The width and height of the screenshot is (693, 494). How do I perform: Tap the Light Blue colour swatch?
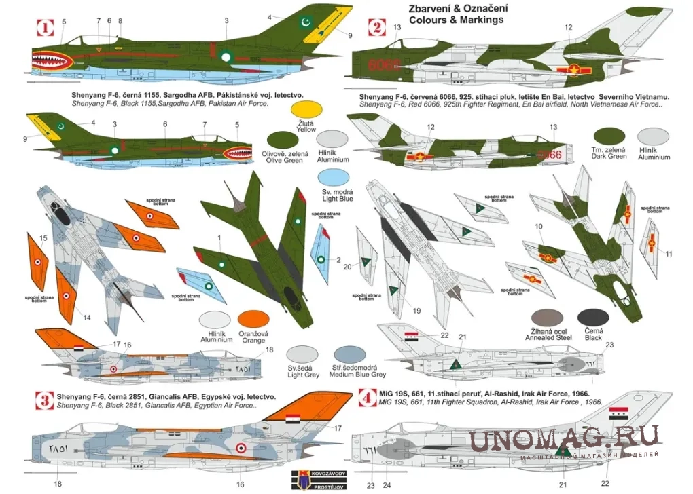[x=335, y=178]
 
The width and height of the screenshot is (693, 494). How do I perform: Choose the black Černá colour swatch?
[x=593, y=318]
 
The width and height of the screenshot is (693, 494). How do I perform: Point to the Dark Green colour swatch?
[x=609, y=137]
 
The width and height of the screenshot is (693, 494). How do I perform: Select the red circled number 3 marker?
[x=45, y=401]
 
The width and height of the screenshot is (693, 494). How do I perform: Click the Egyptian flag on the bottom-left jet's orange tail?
[x=292, y=419]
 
